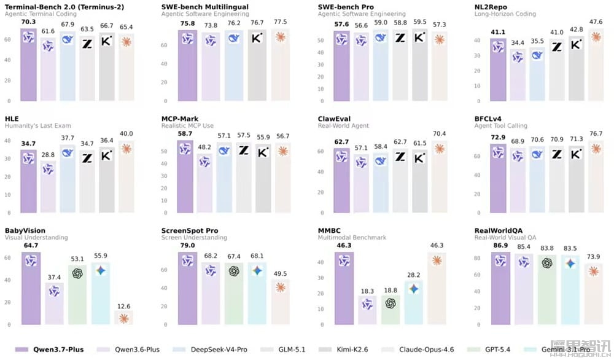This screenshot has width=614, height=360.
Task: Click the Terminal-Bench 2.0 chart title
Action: tap(64, 7)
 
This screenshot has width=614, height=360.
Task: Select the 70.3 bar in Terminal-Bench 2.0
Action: tap(29, 65)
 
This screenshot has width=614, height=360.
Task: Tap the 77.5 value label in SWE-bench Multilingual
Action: tap(281, 22)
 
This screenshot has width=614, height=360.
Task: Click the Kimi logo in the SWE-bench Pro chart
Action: tap(419, 37)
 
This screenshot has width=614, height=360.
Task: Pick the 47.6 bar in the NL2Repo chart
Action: tap(596, 65)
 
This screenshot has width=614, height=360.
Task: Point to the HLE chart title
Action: tap(12, 119)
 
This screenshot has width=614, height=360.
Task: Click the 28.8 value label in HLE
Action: tap(48, 155)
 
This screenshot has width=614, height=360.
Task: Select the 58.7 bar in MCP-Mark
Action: tap(185, 177)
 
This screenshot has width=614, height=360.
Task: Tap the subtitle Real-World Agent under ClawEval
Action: tap(343, 126)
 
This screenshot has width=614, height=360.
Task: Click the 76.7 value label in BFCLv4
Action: tap(596, 133)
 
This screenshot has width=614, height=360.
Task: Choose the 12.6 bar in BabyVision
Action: tap(124, 318)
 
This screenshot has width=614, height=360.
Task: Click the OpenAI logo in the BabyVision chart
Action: tap(77, 273)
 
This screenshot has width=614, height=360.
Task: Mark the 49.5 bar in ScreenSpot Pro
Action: tap(281, 302)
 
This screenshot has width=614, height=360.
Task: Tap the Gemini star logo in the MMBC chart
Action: tap(413, 289)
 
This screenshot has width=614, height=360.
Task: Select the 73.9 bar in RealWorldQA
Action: tap(594, 294)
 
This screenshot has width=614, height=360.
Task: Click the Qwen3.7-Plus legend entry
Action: tap(49, 350)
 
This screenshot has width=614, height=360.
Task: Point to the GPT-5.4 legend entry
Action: tap(489, 350)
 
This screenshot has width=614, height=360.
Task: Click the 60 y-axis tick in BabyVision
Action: tap(7, 258)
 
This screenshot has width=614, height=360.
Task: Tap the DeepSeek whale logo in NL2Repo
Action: tap(537, 55)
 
